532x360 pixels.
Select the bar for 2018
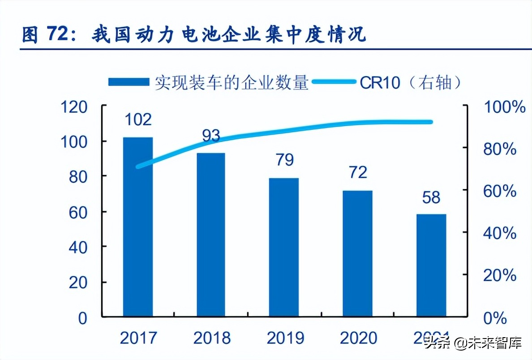[x=210, y=235]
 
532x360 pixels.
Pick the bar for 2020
[x=357, y=254]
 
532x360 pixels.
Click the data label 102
[x=138, y=120]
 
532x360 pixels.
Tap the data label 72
[x=357, y=172]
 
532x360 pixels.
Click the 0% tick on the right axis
[x=495, y=318]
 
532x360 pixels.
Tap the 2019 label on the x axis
[x=285, y=338]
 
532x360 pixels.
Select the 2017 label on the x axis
[x=138, y=338]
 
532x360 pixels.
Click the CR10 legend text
[x=380, y=82]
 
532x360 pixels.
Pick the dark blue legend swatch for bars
[x=129, y=82]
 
